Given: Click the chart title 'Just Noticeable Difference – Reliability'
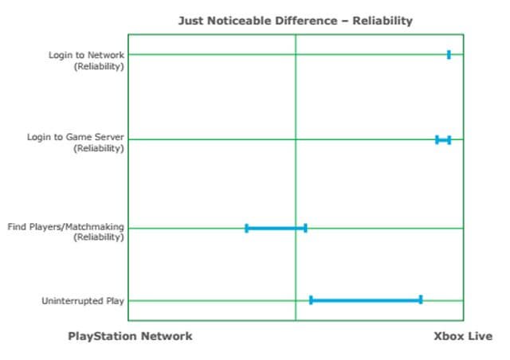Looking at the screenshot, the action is [x=296, y=21].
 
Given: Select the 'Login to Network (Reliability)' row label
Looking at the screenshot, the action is [x=86, y=61].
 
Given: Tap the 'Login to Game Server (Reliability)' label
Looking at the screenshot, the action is [x=76, y=143].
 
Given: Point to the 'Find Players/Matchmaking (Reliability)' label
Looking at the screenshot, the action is [x=65, y=232].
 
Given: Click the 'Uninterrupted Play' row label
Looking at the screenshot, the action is [x=83, y=301].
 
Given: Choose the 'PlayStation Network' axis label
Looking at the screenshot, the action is [x=130, y=336].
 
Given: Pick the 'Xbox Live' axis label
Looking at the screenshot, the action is [x=463, y=336].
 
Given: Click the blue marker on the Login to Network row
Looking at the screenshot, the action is [x=449, y=55].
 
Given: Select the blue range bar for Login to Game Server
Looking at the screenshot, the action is [x=443, y=140].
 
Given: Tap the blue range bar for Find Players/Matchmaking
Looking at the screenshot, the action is [x=276, y=229].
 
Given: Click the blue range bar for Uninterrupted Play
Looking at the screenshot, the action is [x=366, y=299].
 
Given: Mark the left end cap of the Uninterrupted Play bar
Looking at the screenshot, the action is [x=311, y=299].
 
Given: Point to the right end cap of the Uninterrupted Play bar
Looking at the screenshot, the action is [x=421, y=299].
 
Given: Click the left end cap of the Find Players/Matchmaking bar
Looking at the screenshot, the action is [x=246, y=229].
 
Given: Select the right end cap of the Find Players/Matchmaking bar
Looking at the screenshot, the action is [x=305, y=229].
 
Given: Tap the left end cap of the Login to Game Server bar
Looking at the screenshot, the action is [x=437, y=140].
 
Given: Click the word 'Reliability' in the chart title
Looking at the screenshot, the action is [x=382, y=21].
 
